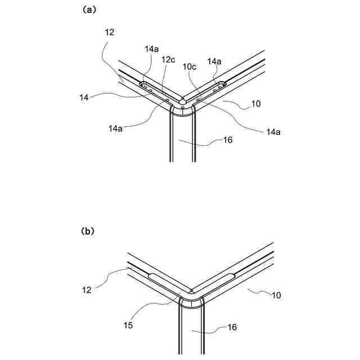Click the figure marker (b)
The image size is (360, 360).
(x=88, y=231)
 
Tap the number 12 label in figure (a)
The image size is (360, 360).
(x=110, y=32)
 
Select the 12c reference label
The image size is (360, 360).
(x=168, y=60)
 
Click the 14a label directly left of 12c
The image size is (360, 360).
(x=151, y=49)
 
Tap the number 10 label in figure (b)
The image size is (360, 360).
(x=277, y=294)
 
